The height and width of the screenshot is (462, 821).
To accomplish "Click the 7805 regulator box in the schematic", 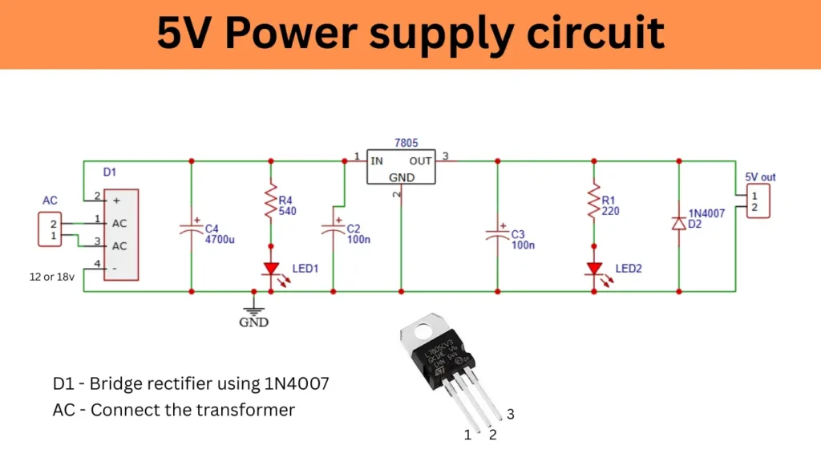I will (401, 167).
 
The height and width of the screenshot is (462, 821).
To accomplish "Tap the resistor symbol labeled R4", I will (271, 204).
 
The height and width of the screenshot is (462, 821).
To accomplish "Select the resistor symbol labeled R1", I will (594, 204).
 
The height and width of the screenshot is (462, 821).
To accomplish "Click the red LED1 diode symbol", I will (271, 268).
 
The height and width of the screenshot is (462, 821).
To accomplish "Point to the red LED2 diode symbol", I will (594, 268).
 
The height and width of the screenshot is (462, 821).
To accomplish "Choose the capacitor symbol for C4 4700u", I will (191, 228).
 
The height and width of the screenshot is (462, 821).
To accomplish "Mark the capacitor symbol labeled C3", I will (497, 233).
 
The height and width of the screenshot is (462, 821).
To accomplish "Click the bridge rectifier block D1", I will (121, 234).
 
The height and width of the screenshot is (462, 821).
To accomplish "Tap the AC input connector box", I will (51, 230).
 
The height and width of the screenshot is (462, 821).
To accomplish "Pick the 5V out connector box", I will (757, 201).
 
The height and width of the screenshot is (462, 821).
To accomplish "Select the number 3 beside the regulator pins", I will (510, 415).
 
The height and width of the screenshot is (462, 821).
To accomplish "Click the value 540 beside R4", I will (288, 211).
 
